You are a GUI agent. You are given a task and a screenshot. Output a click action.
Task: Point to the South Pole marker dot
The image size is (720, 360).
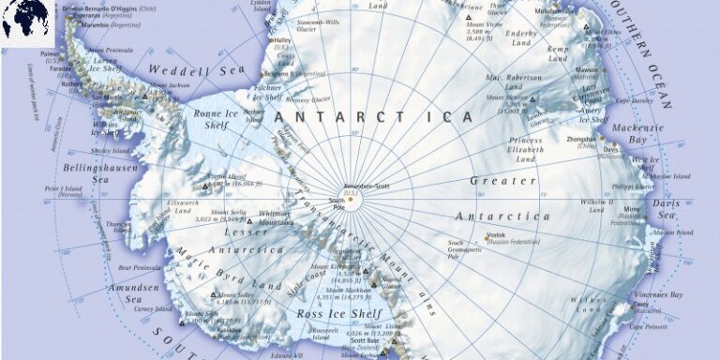coord(351,199)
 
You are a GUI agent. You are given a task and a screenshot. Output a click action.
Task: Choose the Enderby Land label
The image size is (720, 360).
coord(521,37)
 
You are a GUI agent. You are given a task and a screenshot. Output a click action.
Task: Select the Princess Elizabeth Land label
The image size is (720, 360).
coord(526,149)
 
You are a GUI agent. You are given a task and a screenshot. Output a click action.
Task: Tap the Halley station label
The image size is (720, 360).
coord(281,40)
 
